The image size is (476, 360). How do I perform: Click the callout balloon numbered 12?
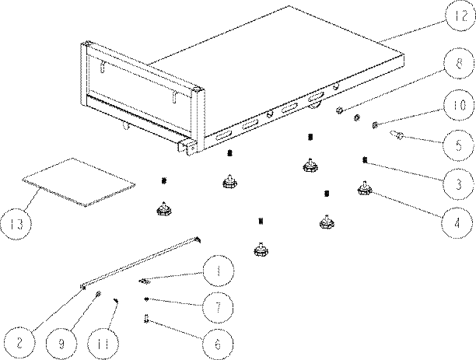460,16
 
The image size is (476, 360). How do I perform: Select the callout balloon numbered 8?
459,64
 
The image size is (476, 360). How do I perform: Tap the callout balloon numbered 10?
459,105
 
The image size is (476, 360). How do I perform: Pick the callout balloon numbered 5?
458,145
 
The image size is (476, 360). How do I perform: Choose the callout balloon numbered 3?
458,184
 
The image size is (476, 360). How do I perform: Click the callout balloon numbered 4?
457,223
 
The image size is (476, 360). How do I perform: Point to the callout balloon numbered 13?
16,224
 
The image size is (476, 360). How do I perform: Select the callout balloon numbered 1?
219,271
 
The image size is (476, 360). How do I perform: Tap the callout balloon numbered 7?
218,307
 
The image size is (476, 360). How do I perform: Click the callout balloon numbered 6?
218,344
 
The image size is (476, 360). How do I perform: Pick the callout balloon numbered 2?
19,343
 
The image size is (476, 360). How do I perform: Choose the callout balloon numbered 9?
61,343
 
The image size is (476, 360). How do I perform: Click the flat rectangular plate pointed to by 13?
79,182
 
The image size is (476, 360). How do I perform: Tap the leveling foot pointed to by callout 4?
364,188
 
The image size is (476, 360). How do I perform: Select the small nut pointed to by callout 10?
375,124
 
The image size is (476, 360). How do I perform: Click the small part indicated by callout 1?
145,281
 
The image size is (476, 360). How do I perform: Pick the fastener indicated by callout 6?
146,319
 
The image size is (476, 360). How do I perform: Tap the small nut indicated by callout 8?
340,110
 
